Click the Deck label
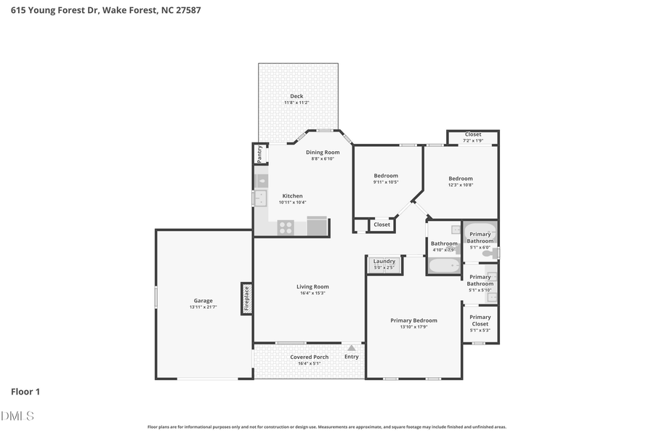[296, 96]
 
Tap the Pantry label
[259, 154]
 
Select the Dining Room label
[322, 152]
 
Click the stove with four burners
[286, 227]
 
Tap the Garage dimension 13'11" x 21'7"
[203, 307]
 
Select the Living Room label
[312, 286]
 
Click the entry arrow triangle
[352, 347]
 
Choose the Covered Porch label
[310, 357]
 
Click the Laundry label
[384, 261]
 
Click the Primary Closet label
[480, 320]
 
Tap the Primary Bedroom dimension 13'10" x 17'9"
[413, 327]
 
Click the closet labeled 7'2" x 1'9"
[473, 137]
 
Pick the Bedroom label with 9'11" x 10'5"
[386, 175]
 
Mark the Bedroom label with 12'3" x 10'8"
[461, 178]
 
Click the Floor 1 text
[25, 392]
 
